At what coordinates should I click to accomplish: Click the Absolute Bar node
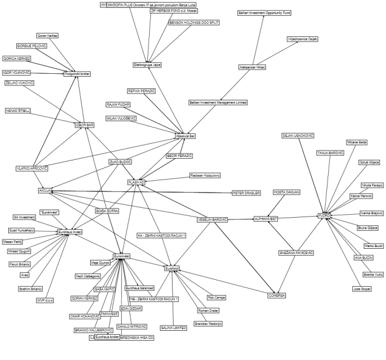(185, 136)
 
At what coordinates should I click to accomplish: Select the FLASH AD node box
(136, 182)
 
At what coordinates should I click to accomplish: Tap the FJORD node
(324, 215)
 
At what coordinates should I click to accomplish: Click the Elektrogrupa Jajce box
(147, 64)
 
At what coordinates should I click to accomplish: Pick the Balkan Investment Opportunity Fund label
(264, 12)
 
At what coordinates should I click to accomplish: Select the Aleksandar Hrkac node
(253, 67)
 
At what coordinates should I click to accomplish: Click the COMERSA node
(277, 295)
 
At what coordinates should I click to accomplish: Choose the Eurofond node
(172, 268)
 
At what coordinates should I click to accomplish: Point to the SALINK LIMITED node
(174, 327)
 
